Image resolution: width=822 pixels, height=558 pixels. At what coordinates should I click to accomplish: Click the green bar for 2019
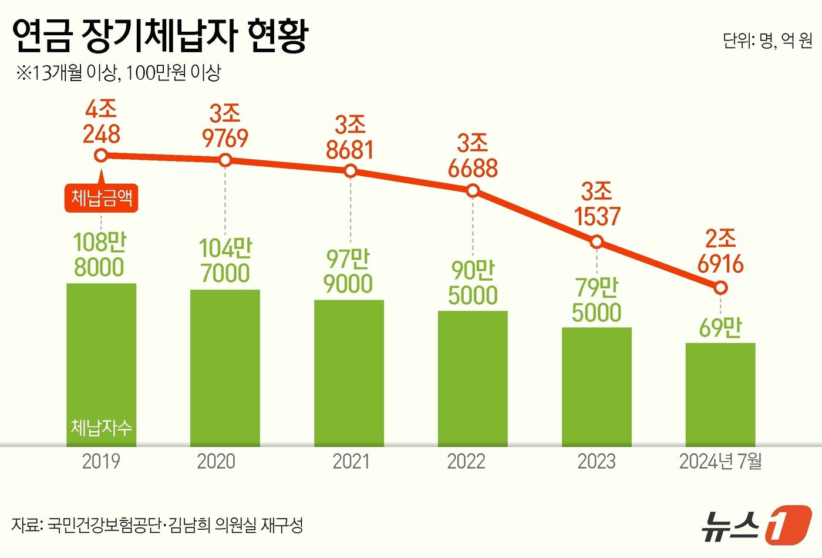(x=101, y=364)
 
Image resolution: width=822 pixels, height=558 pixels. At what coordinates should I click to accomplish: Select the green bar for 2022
(x=473, y=378)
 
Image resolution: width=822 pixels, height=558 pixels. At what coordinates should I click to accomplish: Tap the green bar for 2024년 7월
(x=720, y=394)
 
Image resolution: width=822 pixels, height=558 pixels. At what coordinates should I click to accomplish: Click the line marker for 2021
(x=351, y=171)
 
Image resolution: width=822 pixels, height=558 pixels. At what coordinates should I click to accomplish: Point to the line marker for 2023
(x=597, y=241)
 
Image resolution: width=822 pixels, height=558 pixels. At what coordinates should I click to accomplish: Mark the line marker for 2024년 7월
(x=721, y=288)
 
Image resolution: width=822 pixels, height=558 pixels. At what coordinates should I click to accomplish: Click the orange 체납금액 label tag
(x=101, y=198)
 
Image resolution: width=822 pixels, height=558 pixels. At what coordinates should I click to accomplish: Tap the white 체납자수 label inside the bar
(x=101, y=427)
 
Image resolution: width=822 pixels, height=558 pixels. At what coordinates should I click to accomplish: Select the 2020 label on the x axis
(x=216, y=462)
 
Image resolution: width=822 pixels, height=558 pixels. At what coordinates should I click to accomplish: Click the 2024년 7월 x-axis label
(x=720, y=462)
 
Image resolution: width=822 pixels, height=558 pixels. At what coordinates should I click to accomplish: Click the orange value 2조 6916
(x=720, y=251)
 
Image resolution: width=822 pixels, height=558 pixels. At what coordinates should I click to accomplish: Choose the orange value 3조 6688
(x=473, y=156)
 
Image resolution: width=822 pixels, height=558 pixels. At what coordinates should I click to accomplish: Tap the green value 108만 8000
(x=100, y=255)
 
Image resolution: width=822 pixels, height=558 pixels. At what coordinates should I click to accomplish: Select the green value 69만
(x=720, y=328)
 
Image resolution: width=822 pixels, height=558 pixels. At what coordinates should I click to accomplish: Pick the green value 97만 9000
(x=349, y=271)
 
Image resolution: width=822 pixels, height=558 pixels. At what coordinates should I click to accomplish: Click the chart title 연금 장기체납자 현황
(x=160, y=36)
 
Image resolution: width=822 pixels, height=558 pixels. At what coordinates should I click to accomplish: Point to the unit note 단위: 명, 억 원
(x=767, y=41)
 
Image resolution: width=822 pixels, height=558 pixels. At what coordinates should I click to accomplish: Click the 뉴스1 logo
(x=757, y=525)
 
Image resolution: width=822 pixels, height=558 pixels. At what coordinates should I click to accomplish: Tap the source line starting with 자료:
(x=157, y=525)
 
